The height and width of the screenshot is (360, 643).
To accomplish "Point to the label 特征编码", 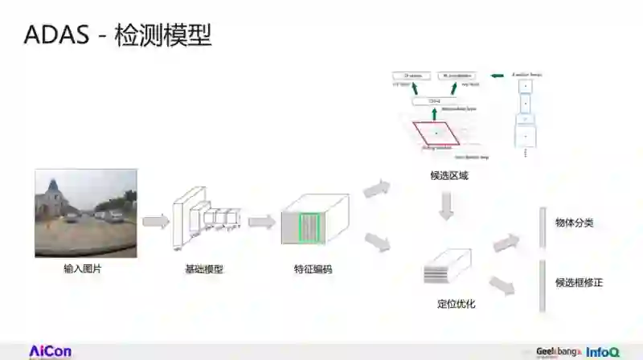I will (313, 269).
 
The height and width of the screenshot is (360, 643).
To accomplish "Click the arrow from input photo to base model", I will (155, 220).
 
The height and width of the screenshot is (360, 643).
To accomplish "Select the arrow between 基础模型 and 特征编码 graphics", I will (261, 222).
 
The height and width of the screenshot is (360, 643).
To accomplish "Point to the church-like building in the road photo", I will (54, 195).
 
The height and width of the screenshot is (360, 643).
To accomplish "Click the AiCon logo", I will (50, 351).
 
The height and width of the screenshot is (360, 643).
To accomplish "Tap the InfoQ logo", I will (602, 352).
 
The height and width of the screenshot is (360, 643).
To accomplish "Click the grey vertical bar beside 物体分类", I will (543, 228).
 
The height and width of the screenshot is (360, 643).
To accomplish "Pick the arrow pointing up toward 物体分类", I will (506, 243).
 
